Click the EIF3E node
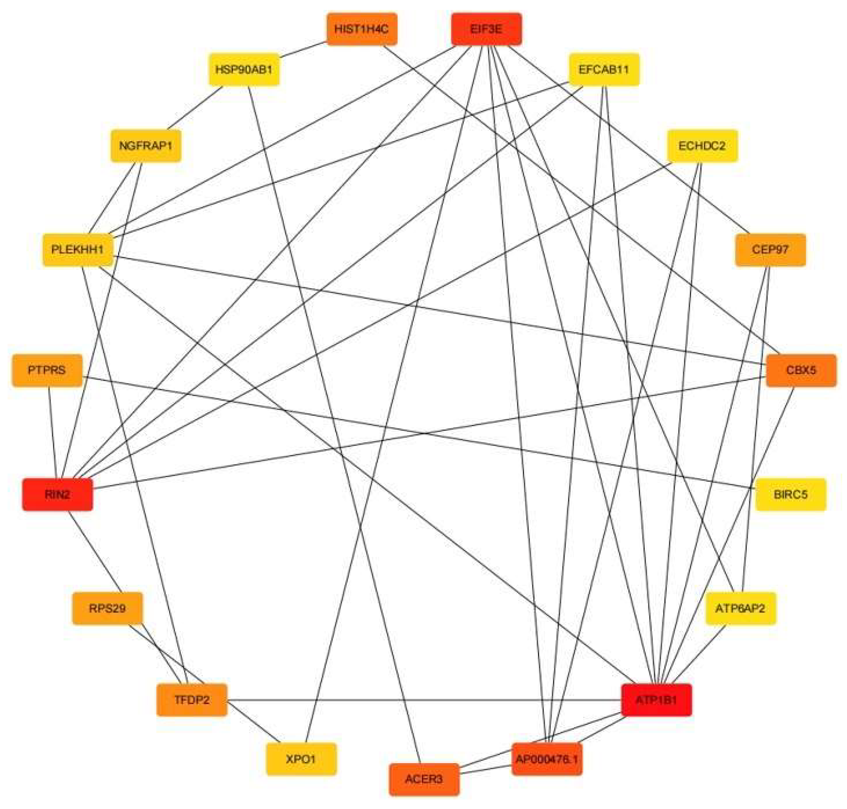(486, 29)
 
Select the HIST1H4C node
(362, 29)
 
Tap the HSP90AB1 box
(244, 69)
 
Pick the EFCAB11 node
(604, 69)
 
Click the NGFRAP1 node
(146, 146)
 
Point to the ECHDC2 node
(702, 146)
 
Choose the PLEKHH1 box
(78, 250)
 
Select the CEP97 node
(770, 250)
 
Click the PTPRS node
(47, 370)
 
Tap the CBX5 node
(801, 370)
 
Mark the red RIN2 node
(57, 494)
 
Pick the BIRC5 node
(790, 494)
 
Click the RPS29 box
(107, 609)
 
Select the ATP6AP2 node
(741, 609)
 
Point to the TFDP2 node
(191, 700)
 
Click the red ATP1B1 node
(656, 700)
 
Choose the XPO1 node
(301, 759)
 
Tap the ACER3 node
(424, 779)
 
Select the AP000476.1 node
(547, 759)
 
